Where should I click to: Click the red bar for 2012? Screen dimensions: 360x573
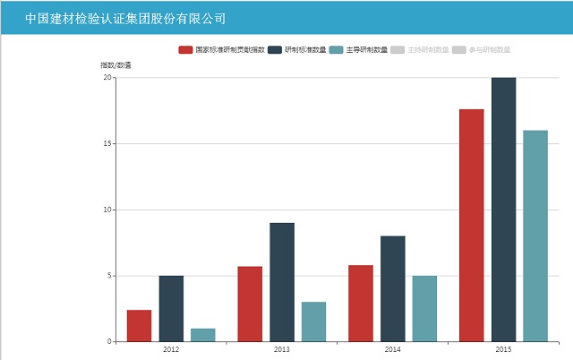(139, 326)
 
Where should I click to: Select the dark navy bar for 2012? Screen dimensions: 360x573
(171, 309)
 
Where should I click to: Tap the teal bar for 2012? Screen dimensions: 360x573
(203, 335)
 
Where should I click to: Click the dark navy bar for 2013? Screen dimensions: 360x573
(282, 282)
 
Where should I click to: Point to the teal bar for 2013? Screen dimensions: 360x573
(313, 321)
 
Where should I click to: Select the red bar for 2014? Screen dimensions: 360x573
(361, 304)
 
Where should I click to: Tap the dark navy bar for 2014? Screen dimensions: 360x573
(392, 288)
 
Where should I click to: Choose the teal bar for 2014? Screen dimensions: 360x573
(424, 309)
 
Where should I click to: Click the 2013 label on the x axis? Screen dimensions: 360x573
(282, 349)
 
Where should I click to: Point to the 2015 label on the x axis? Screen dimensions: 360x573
(503, 349)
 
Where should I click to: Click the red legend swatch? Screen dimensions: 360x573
(185, 50)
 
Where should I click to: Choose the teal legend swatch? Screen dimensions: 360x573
(337, 50)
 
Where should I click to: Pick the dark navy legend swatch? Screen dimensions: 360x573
(275, 50)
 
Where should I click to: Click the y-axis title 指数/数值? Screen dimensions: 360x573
(115, 65)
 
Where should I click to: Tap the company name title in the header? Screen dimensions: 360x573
(125, 18)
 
